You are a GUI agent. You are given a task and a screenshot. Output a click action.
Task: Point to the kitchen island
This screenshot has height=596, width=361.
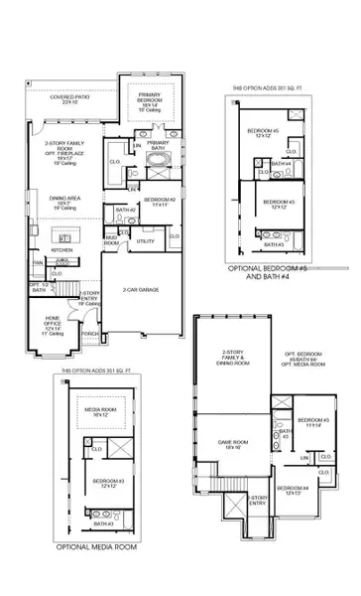pos(65,238)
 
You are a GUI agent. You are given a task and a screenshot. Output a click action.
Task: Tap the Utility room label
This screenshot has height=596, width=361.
pos(146,240)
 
